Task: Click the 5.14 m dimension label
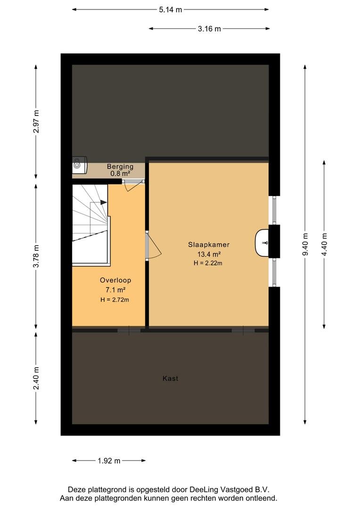170,10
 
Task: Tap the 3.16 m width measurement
209,29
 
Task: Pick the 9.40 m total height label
305,245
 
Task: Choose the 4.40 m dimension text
324,245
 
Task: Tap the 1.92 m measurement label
109,460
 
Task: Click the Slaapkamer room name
209,245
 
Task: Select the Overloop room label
115,280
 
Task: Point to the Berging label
120,166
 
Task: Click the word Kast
170,378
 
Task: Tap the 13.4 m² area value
209,254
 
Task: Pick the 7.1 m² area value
115,290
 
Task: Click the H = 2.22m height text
208,263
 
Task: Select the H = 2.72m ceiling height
115,300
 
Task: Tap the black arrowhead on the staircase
104,202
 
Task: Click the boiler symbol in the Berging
80,163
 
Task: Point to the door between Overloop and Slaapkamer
153,246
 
